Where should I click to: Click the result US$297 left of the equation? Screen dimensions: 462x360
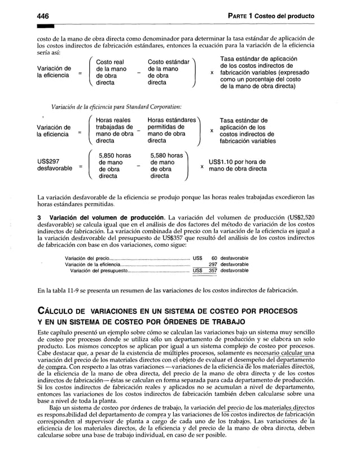tap(49, 161)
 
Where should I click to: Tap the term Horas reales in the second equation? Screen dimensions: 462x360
tap(113, 120)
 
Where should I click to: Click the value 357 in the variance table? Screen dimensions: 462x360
tap(212, 270)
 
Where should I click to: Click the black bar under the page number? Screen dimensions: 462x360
tap(45, 27)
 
